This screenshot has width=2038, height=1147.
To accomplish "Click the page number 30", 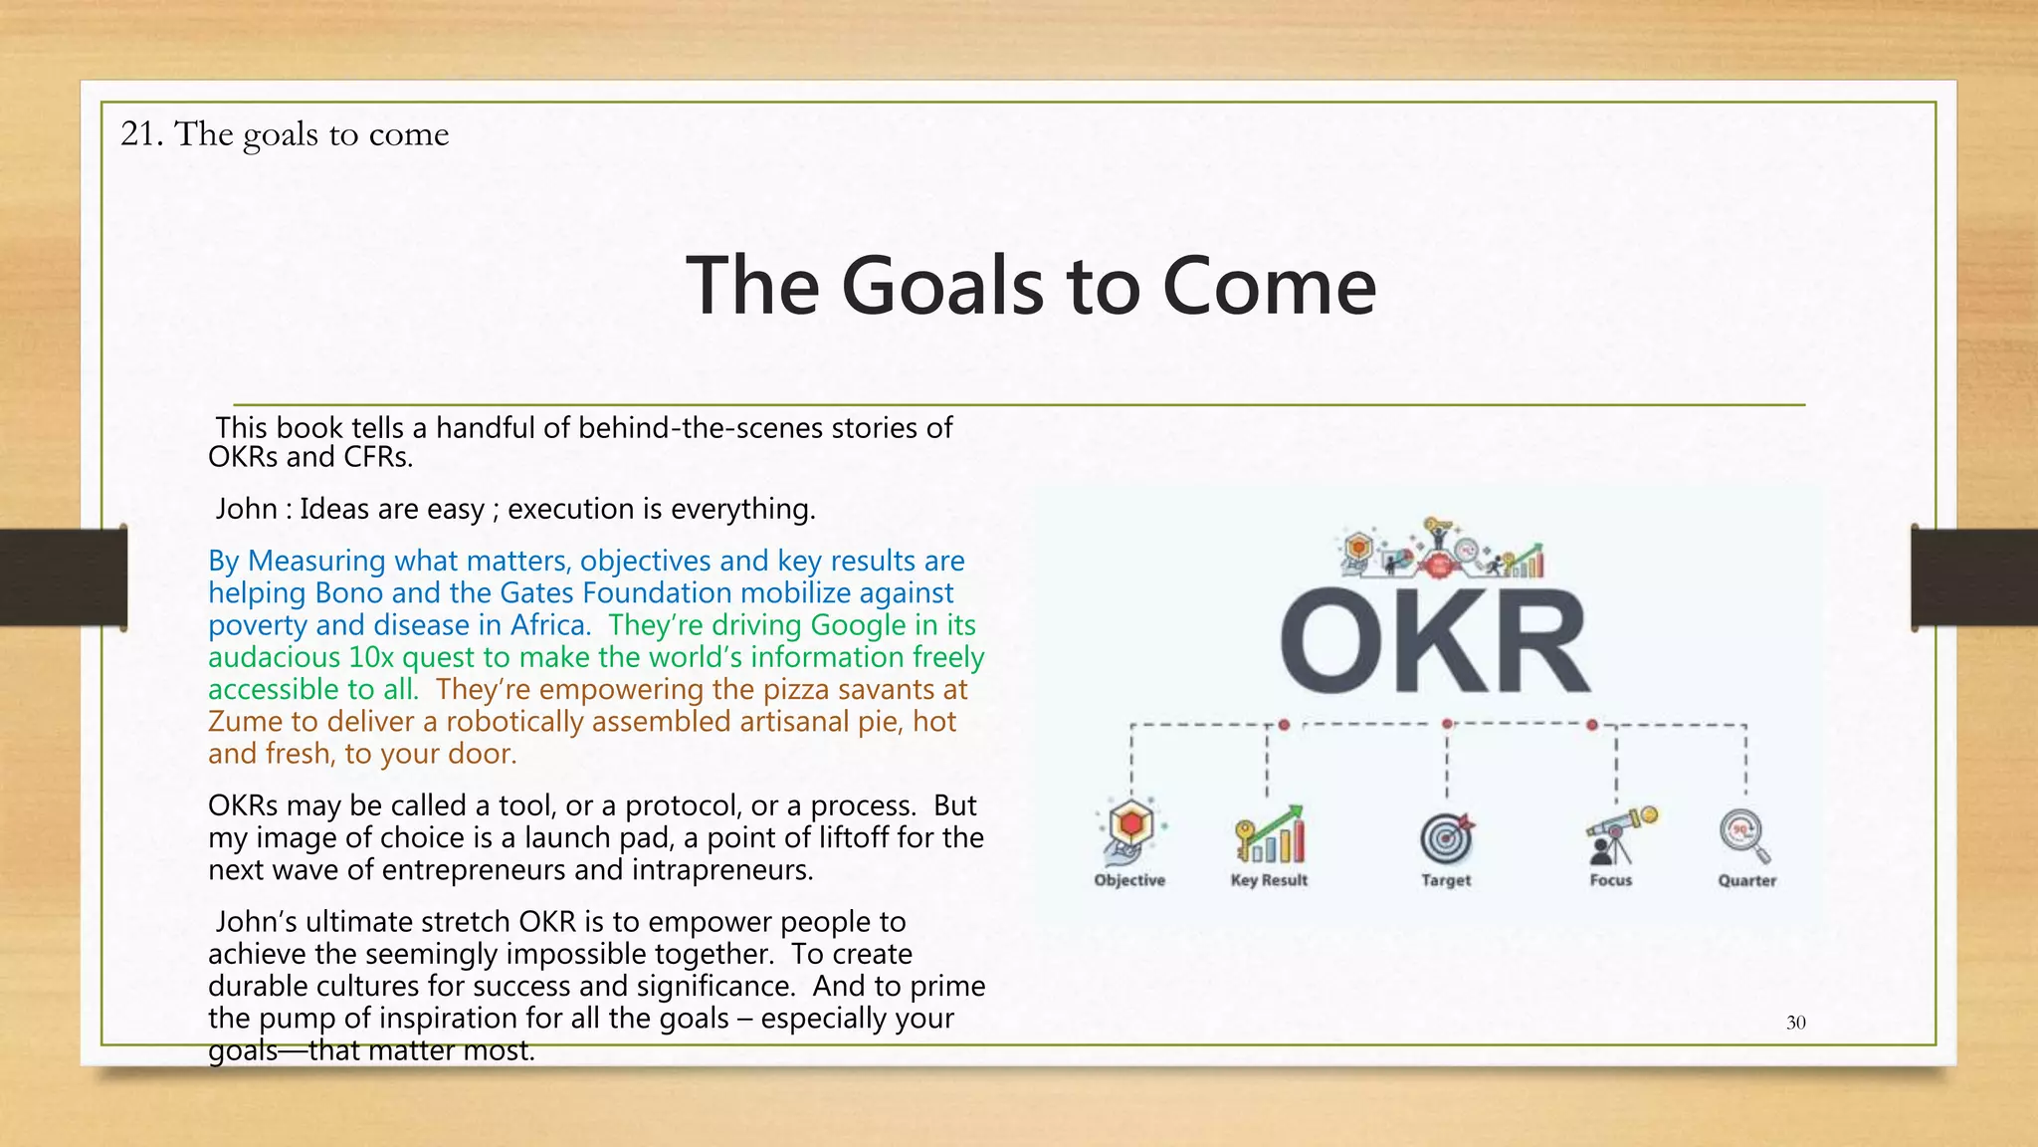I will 1795,1023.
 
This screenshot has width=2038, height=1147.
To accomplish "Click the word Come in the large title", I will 1269,286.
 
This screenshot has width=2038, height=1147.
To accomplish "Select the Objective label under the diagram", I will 1129,880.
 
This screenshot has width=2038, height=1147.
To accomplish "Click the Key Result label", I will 1269,880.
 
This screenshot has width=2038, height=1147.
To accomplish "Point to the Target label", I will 1446,880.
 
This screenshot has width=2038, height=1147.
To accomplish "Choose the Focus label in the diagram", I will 1610,880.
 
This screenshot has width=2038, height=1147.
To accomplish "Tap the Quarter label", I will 1746,880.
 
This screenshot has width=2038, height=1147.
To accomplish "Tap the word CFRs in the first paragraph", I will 377,457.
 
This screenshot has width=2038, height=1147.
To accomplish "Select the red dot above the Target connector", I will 1447,724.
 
